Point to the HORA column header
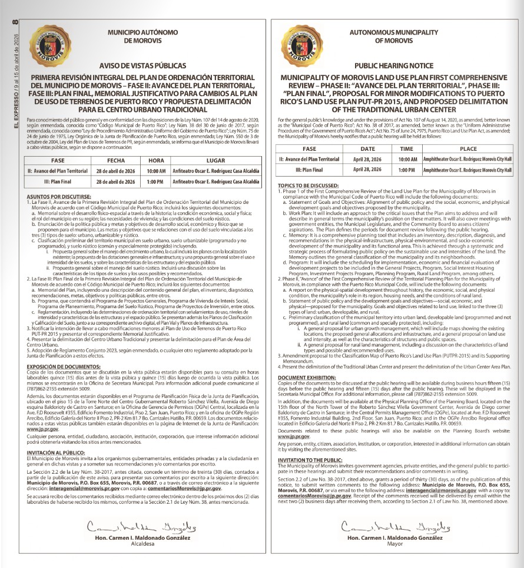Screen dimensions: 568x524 click(x=156, y=160)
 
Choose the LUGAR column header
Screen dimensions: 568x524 click(x=215, y=160)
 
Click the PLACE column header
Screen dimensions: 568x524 click(x=468, y=149)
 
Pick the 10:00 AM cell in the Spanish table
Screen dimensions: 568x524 click(x=156, y=171)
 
